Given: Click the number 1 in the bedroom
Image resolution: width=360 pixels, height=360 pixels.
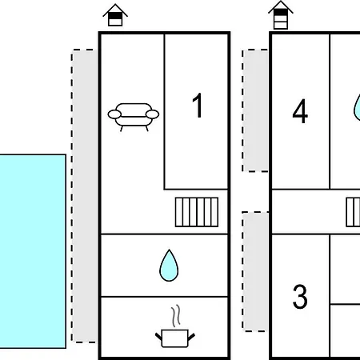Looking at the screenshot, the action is pyautogui.click(x=198, y=105).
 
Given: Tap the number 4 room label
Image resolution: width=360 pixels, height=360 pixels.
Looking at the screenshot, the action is pyautogui.click(x=300, y=111).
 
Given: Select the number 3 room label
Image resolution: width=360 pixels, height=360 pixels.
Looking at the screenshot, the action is pyautogui.click(x=300, y=296).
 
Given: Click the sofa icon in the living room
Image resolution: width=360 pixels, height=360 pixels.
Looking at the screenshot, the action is pyautogui.click(x=134, y=117).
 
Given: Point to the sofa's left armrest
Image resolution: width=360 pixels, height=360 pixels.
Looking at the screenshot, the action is pyautogui.click(x=114, y=114).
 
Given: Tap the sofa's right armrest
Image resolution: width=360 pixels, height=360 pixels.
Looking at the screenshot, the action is pyautogui.click(x=153, y=114).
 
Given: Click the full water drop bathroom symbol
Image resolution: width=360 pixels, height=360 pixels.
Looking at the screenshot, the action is pyautogui.click(x=169, y=266).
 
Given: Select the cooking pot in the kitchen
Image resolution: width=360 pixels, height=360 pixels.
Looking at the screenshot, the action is pyautogui.click(x=175, y=338).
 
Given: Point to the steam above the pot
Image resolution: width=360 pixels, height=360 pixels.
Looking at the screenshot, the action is pyautogui.click(x=175, y=316).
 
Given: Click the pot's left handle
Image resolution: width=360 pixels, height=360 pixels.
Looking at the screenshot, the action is pyautogui.click(x=158, y=337).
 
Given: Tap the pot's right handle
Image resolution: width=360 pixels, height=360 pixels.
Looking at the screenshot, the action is pyautogui.click(x=191, y=337).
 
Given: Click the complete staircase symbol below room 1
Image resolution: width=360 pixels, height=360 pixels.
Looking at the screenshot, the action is pyautogui.click(x=197, y=212).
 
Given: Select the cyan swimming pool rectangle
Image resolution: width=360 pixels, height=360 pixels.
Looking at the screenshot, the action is pyautogui.click(x=33, y=251).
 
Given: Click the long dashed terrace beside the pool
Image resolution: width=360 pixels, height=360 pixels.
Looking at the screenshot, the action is pyautogui.click(x=84, y=196).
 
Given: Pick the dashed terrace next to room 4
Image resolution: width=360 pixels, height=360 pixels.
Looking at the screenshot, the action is pyautogui.click(x=255, y=110).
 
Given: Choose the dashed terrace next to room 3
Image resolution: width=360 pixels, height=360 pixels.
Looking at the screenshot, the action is pyautogui.click(x=255, y=272).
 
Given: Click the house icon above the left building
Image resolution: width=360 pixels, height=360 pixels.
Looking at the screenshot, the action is pyautogui.click(x=115, y=15).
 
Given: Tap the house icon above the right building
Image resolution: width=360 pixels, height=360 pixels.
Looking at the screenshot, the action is pyautogui.click(x=281, y=15).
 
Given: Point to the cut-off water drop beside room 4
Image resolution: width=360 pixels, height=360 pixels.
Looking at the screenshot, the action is pyautogui.click(x=357, y=106).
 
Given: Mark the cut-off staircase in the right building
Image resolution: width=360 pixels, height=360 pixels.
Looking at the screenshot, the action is pyautogui.click(x=353, y=212).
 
